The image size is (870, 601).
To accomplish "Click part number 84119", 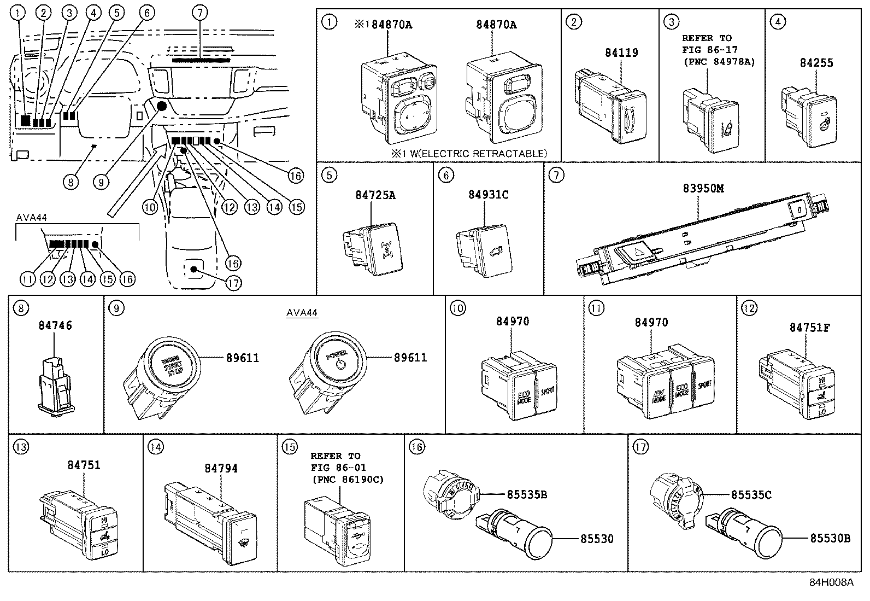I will (x=621, y=52).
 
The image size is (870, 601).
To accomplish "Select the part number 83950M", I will (x=703, y=188).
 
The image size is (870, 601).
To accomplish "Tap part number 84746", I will (x=55, y=325).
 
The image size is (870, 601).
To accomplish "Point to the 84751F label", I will (x=809, y=328).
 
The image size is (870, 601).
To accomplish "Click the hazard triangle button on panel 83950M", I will (x=634, y=253).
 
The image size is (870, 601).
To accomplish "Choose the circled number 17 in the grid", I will (x=640, y=447).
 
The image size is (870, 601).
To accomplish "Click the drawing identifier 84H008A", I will (x=831, y=582).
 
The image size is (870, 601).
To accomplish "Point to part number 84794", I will (x=221, y=469).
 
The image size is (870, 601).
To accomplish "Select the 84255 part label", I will (x=816, y=62).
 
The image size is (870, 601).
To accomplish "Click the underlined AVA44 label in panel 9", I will (x=302, y=313).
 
